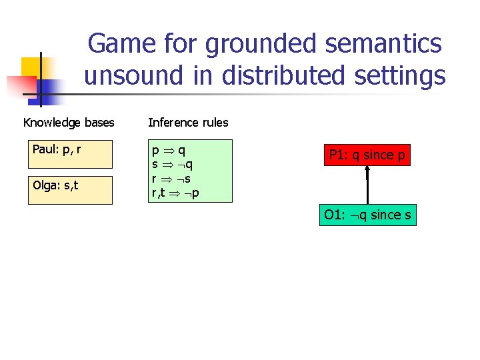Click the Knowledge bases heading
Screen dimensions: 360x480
tap(69, 123)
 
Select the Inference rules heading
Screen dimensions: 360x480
tap(188, 123)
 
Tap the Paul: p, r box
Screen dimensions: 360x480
tap(70, 154)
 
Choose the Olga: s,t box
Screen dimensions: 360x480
tap(70, 189)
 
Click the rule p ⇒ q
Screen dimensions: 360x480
tap(169, 151)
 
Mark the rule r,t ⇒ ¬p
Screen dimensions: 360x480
tap(177, 193)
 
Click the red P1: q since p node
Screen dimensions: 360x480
tap(367, 155)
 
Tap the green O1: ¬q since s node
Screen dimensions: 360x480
tap(367, 215)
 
